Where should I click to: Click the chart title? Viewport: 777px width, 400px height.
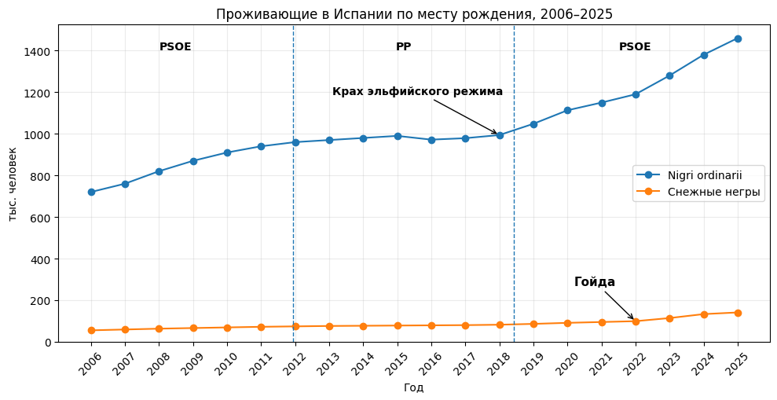[x=414, y=14]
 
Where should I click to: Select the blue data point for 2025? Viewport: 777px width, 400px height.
[x=738, y=39]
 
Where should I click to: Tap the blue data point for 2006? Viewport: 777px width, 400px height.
[x=91, y=192]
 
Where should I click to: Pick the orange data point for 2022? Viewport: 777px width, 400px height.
[x=636, y=321]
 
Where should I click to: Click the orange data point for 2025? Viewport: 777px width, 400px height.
[x=738, y=313]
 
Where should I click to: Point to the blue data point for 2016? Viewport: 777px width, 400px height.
[x=431, y=140]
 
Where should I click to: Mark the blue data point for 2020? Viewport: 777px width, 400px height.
[x=567, y=110]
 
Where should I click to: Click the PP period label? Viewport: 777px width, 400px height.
[x=403, y=47]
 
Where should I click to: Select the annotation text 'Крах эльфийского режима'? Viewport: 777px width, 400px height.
[x=417, y=92]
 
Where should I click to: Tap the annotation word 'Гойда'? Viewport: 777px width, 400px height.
[x=595, y=282]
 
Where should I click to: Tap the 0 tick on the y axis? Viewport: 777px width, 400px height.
[x=48, y=343]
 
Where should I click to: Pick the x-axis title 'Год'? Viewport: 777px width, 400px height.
[x=414, y=387]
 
